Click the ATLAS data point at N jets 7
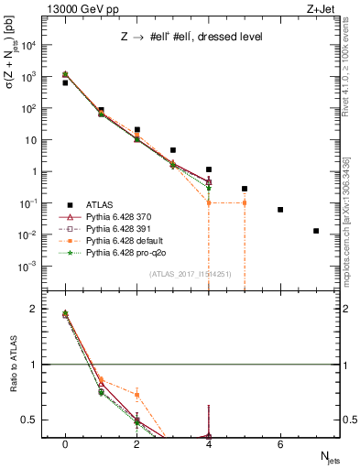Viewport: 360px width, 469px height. pyautogui.click(x=316, y=231)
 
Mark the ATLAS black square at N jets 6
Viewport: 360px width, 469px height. pyautogui.click(x=280, y=210)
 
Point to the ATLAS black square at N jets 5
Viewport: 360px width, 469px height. pyautogui.click(x=245, y=189)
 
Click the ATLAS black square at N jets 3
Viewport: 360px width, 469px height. pyautogui.click(x=173, y=150)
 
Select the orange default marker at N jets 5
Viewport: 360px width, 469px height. pyautogui.click(x=245, y=202)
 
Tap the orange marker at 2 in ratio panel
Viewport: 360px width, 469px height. pyautogui.click(x=136, y=395)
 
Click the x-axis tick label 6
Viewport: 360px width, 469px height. pyautogui.click(x=280, y=444)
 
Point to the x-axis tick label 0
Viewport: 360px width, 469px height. pyautogui.click(x=65, y=444)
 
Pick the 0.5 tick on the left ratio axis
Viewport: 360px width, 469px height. pyautogui.click(x=38, y=420)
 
